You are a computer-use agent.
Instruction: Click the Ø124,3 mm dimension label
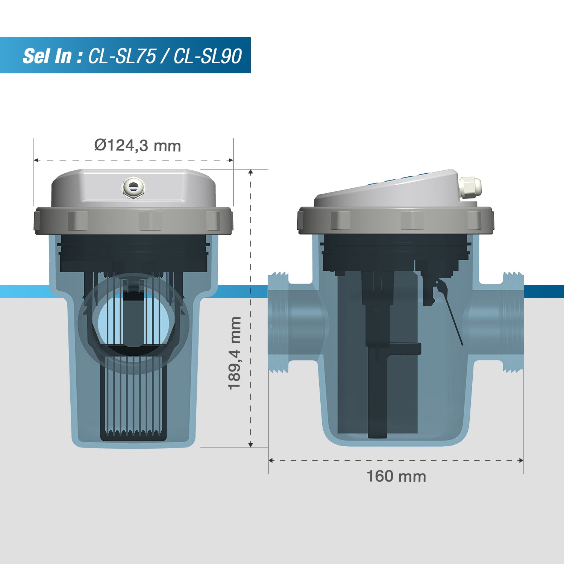(138, 146)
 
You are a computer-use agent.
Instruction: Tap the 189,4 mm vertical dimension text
(235, 353)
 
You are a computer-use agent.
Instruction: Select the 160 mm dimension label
(396, 476)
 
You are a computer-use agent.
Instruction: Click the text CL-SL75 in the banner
(122, 56)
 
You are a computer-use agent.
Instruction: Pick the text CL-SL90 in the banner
(208, 56)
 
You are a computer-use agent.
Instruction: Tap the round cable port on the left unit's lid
(133, 186)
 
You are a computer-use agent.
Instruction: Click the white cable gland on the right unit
(470, 187)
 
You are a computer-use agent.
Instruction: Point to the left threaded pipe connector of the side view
(278, 323)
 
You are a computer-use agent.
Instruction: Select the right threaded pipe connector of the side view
(513, 323)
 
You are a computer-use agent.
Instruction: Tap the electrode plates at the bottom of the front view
(133, 399)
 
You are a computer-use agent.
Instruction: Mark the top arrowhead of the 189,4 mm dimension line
(251, 172)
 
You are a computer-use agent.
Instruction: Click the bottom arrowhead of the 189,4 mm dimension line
(251, 445)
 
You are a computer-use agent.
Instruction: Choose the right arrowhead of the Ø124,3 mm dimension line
(231, 160)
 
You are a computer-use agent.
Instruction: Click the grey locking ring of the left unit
(133, 220)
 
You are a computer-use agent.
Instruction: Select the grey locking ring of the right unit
(396, 220)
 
